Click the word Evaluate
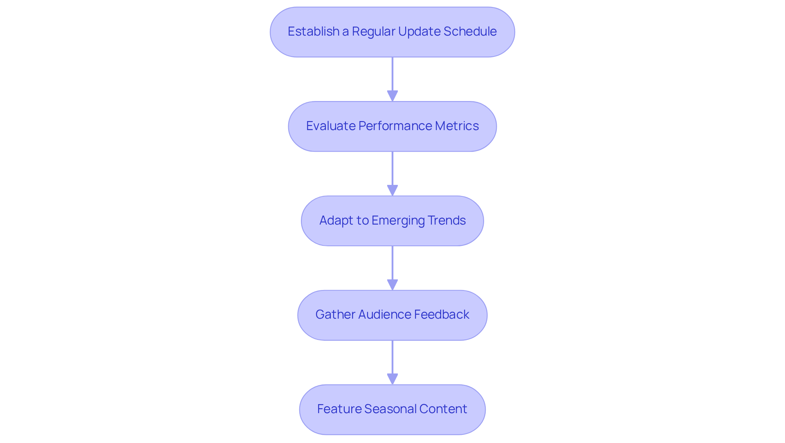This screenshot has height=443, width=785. click(x=331, y=126)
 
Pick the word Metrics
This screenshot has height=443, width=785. click(x=457, y=126)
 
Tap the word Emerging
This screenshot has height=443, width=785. click(x=392, y=220)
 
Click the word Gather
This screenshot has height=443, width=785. click(x=335, y=315)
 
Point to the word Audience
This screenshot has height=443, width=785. click(x=384, y=315)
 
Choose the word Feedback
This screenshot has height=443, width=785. click(x=442, y=315)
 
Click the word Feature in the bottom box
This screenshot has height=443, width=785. click(x=339, y=409)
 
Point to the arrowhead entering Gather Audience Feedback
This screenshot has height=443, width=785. click(x=392, y=285)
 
